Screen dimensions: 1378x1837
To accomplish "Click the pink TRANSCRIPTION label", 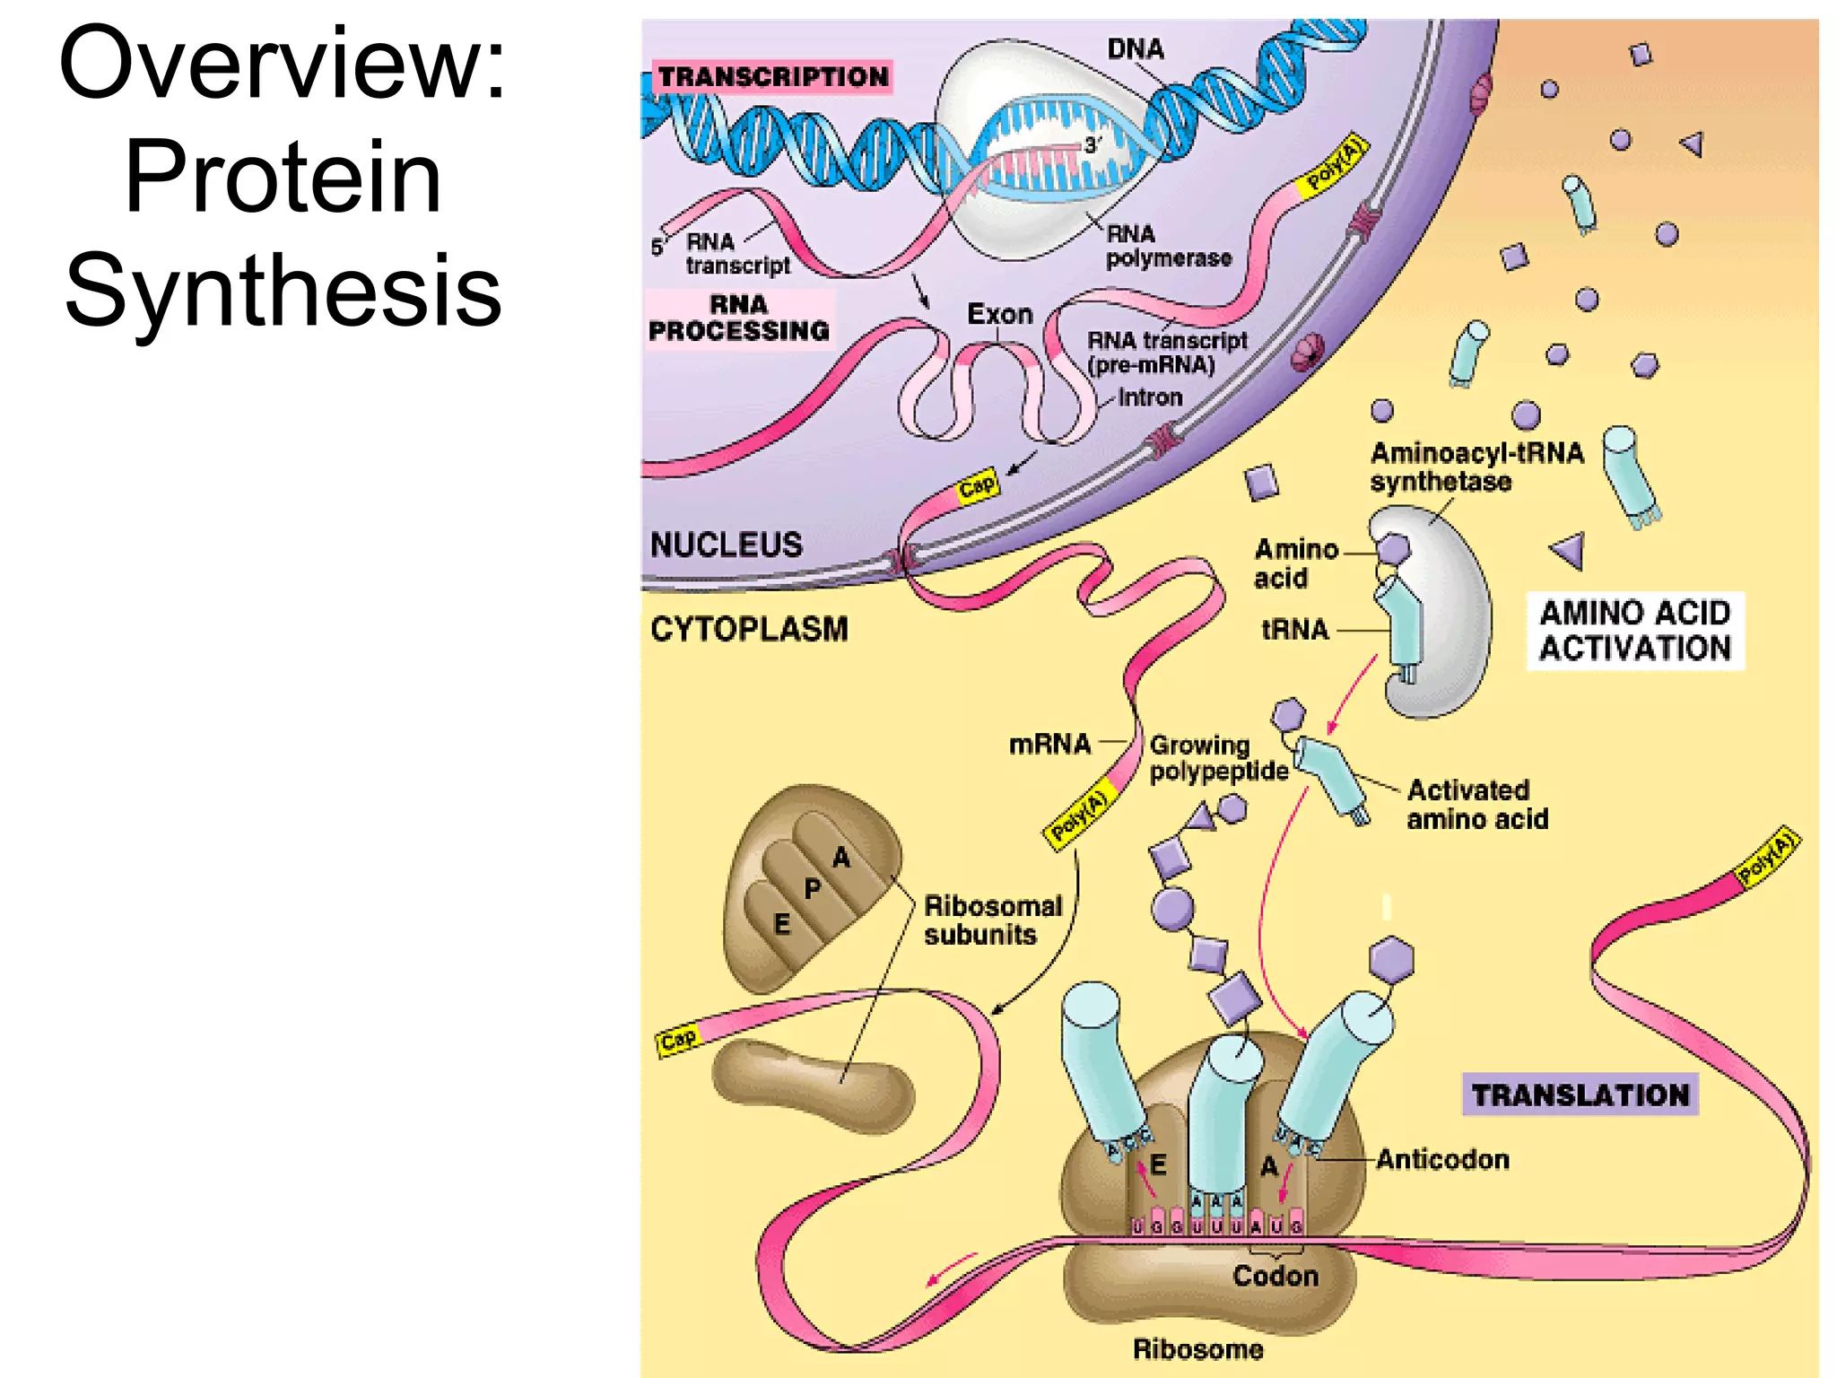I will click(x=773, y=77).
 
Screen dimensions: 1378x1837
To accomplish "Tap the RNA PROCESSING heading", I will click(x=739, y=318).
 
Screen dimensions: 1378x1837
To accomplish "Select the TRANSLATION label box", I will click(x=1580, y=1095).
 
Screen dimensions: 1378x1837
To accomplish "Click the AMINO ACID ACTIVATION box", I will click(x=1635, y=631).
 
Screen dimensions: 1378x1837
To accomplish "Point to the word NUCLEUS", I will click(x=727, y=545).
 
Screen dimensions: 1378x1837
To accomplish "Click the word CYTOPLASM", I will click(x=749, y=629).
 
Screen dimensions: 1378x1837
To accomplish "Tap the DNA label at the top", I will click(x=1136, y=48).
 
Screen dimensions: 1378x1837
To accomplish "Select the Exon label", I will click(x=1000, y=314).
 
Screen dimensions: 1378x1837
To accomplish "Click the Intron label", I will click(x=1150, y=397).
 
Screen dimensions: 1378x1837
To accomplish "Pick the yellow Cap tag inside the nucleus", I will click(x=977, y=486).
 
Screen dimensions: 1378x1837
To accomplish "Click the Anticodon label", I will click(x=1443, y=1160).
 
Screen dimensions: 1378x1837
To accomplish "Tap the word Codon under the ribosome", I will click(x=1275, y=1276).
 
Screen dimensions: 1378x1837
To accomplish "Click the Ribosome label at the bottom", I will click(x=1198, y=1349).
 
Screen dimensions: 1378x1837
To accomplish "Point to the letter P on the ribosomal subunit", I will click(x=813, y=889).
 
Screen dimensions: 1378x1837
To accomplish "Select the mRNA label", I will click(x=1049, y=744).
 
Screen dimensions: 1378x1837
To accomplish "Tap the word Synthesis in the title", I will click(x=283, y=290).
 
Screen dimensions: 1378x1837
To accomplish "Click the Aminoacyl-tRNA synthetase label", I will click(x=1476, y=467).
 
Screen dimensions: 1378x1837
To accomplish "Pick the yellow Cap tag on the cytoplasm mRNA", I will click(x=678, y=1040).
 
